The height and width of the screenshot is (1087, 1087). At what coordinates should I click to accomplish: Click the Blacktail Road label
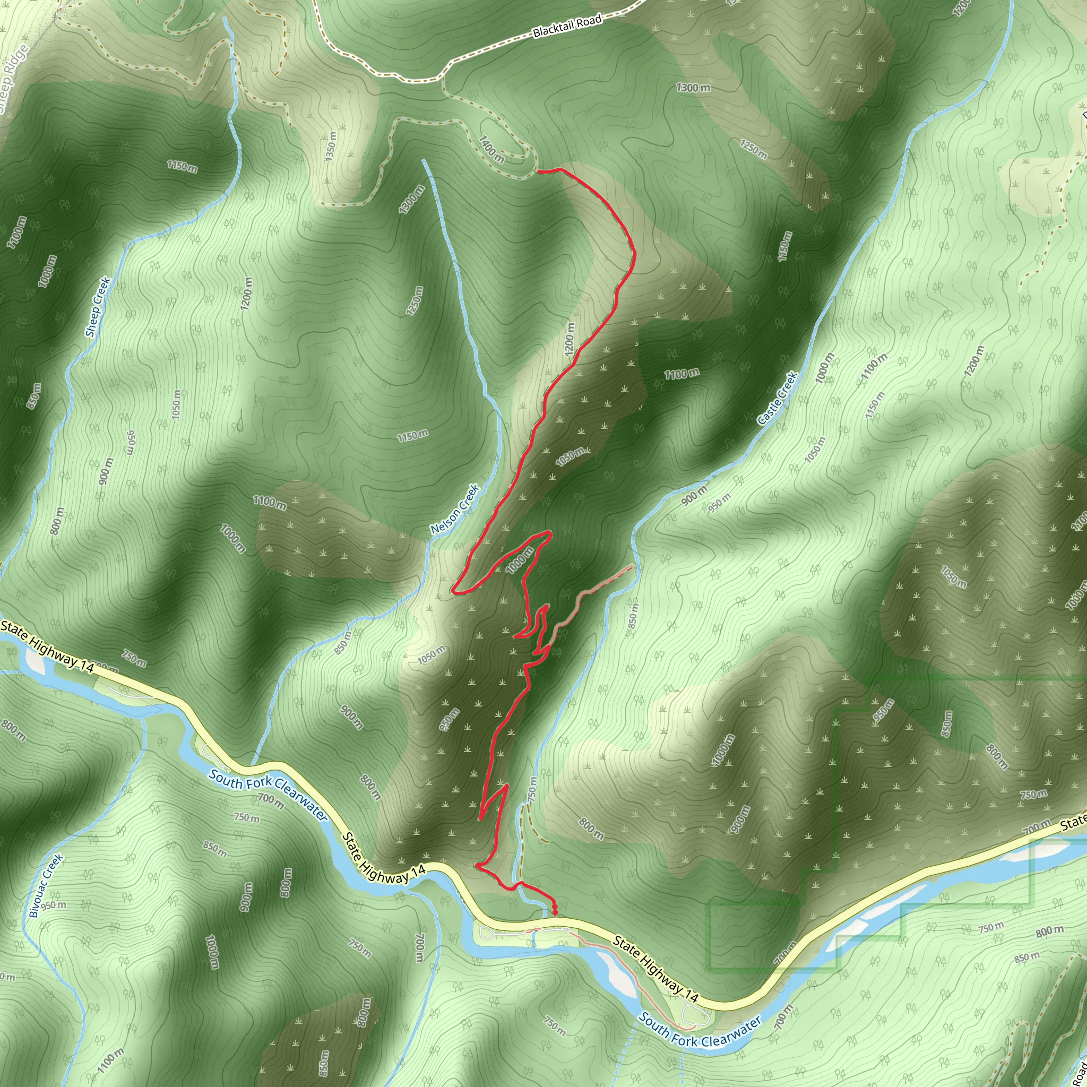click(567, 26)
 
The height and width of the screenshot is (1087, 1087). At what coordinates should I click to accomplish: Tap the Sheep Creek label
click(98, 307)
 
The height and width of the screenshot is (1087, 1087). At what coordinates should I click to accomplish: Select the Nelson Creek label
click(455, 509)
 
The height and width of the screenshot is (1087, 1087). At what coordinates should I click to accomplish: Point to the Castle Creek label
click(778, 399)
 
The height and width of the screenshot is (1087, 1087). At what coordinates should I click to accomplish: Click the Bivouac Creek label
click(47, 886)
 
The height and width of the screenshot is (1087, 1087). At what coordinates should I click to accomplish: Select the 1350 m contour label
click(332, 146)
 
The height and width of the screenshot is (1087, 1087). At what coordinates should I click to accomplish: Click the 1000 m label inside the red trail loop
click(519, 560)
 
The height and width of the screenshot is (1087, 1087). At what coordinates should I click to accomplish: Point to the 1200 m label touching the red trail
click(571, 338)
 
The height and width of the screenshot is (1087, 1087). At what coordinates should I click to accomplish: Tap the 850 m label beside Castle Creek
click(634, 616)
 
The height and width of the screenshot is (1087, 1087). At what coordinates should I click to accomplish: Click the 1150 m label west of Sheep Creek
click(182, 166)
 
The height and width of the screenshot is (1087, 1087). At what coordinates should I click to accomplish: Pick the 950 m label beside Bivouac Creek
click(54, 905)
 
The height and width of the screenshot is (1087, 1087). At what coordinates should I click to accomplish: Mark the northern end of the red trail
click(538, 169)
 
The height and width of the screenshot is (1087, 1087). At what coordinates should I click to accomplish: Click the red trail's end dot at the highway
click(555, 911)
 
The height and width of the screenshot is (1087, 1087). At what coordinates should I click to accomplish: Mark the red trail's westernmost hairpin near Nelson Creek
click(453, 591)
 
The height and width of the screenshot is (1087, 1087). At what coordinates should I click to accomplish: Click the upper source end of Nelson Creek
click(424, 161)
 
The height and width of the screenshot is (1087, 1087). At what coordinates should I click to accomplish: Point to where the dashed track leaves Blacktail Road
click(443, 76)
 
